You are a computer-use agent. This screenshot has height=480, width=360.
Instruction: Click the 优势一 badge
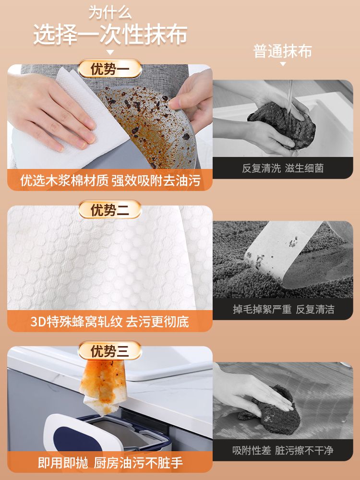tap(110, 68)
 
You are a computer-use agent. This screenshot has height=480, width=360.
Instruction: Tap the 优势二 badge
tap(110, 210)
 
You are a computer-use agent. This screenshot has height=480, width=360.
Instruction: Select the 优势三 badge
tap(110, 350)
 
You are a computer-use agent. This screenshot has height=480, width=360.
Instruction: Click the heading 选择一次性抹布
tap(110, 34)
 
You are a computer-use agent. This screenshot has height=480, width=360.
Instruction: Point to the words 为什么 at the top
tap(110, 13)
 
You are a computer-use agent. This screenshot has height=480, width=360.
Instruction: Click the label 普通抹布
tap(283, 51)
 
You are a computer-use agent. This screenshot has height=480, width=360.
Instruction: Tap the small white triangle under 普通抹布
tap(283, 64)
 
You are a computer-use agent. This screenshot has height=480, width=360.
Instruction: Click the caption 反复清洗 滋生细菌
tap(283, 168)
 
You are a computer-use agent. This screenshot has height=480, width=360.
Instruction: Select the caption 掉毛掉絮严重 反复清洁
tap(284, 309)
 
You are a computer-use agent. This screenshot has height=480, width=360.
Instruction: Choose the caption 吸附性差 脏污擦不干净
tap(283, 450)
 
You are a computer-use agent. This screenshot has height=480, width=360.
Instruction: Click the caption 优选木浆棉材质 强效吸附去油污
tap(110, 180)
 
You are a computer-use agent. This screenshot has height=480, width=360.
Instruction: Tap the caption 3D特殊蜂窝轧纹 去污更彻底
tap(109, 322)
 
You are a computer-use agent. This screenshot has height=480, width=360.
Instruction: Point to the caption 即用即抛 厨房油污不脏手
tap(110, 463)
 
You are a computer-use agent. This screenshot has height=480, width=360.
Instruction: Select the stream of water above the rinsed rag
tap(289, 95)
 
